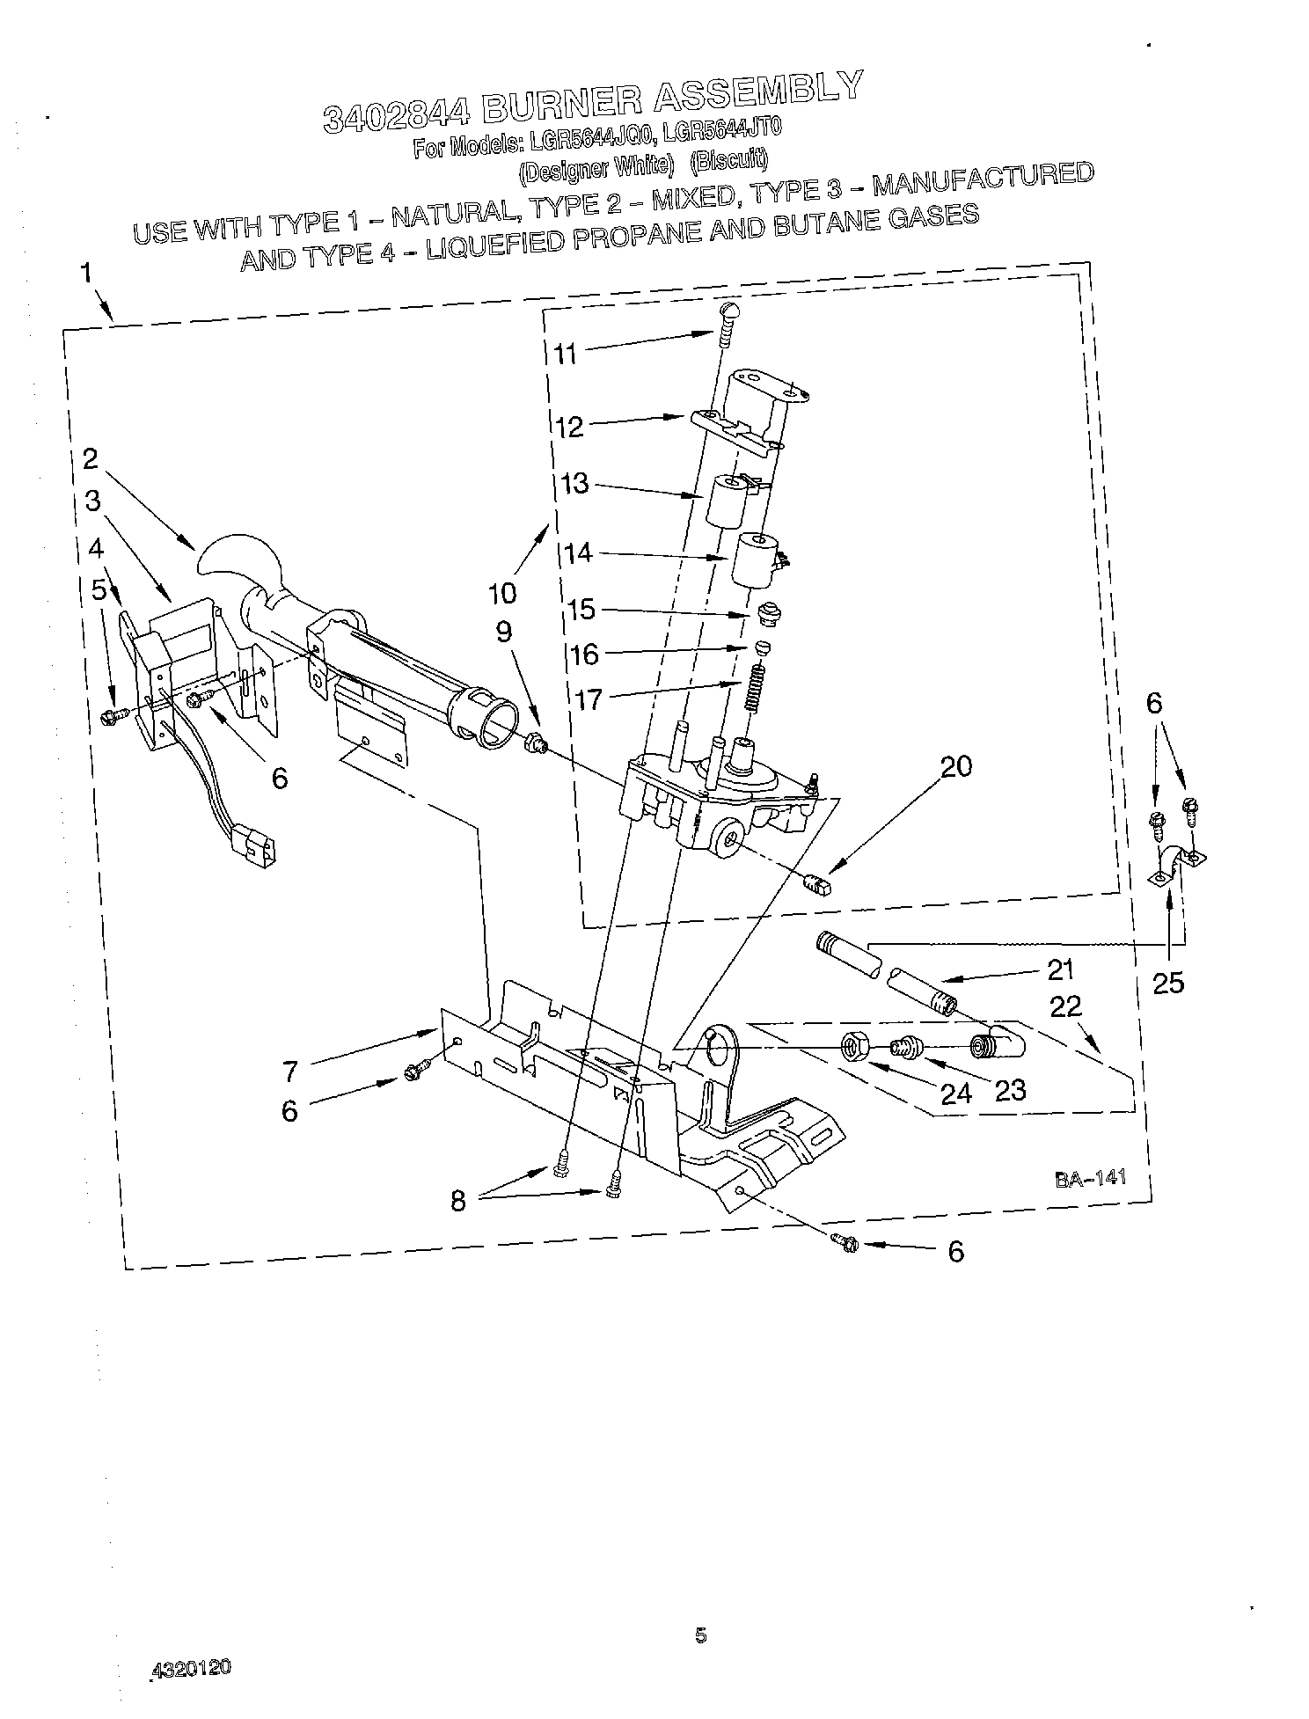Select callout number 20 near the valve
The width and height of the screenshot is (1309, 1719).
click(x=955, y=766)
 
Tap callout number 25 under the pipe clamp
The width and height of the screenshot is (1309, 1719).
click(x=1168, y=982)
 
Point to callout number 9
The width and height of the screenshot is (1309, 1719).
click(x=503, y=632)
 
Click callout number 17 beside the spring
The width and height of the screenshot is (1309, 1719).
click(x=591, y=700)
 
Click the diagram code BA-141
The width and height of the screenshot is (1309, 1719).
click(x=1091, y=1180)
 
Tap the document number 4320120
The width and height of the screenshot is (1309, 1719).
click(x=191, y=1669)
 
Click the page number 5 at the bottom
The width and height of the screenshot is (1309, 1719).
click(x=700, y=1635)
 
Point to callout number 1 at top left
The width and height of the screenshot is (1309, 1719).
click(x=86, y=272)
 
